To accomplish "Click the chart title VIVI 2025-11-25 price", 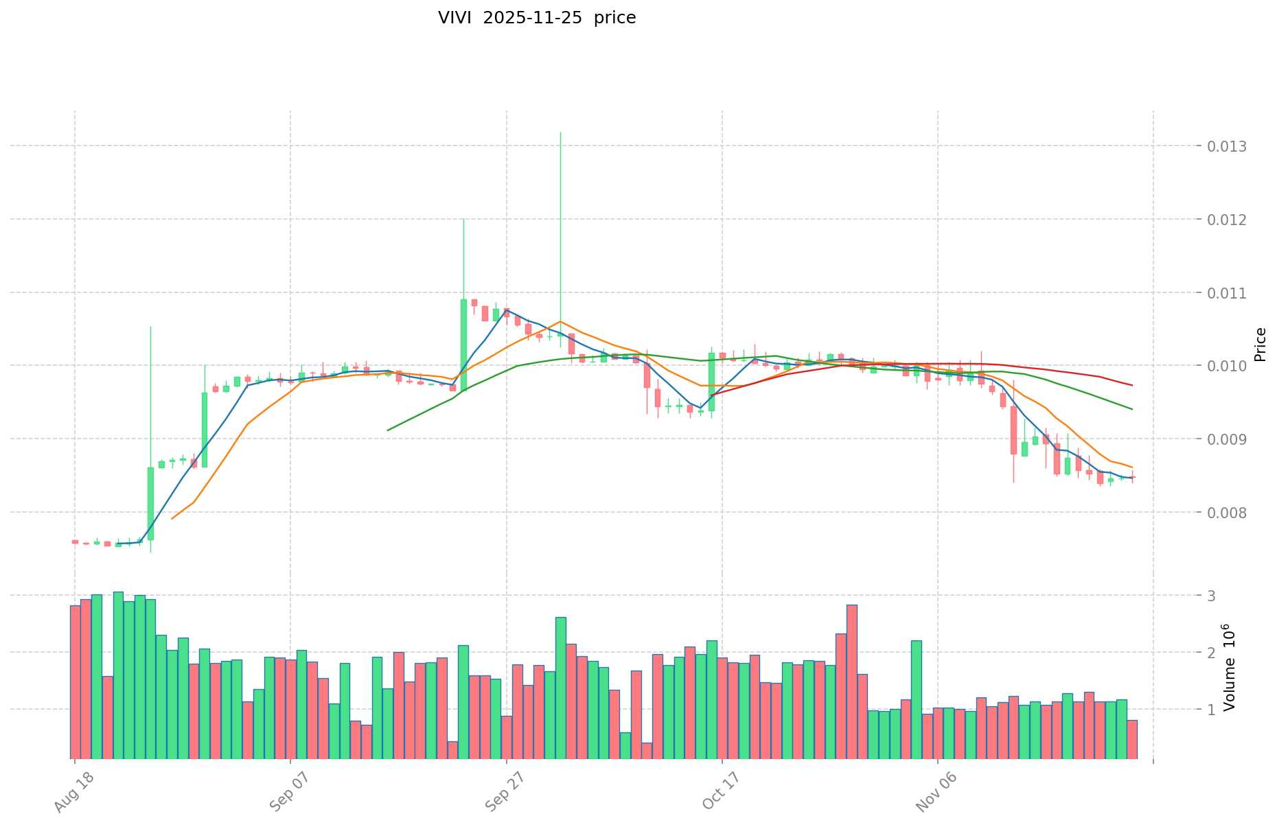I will (x=537, y=18).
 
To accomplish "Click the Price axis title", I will (x=1260, y=345).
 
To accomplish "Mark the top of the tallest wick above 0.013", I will (x=560, y=132).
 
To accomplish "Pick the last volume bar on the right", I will (x=1132, y=739).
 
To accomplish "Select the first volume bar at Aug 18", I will (x=75, y=682).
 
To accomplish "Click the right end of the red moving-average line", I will (x=1132, y=385).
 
